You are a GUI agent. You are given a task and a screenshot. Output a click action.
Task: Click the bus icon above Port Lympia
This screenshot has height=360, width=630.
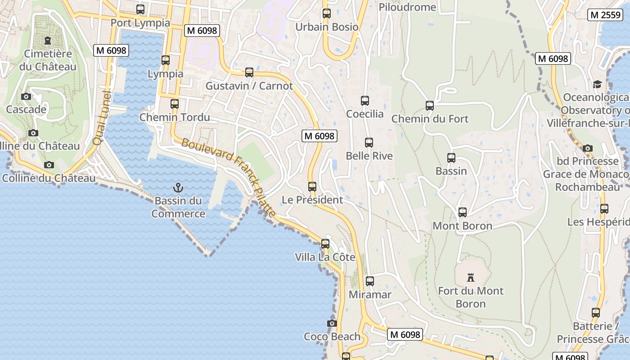[140, 9]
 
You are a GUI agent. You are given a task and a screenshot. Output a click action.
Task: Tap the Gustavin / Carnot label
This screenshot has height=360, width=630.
[249, 86]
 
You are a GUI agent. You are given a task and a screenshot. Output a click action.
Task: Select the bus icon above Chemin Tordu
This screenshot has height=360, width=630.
[175, 104]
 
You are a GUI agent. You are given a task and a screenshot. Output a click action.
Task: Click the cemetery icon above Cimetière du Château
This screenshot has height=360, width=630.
[48, 40]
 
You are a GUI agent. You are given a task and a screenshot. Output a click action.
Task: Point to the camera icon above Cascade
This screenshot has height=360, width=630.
[26, 96]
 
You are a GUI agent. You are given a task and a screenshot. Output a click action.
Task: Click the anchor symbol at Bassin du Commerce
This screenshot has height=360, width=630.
[179, 187]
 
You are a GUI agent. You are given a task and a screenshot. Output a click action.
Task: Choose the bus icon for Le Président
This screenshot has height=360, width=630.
[312, 186]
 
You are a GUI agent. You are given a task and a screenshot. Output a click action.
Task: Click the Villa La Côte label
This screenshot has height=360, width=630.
[325, 257]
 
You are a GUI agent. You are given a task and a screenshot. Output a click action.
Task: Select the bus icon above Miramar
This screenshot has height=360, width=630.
[370, 281]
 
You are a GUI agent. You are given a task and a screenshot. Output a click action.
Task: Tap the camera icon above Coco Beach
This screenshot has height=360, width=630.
[332, 323]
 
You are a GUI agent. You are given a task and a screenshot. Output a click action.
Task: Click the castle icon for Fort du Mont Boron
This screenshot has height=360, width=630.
[471, 277]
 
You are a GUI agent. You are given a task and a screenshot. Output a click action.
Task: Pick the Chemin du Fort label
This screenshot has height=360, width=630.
[430, 119]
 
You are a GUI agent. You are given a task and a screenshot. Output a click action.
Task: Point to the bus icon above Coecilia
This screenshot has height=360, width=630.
[365, 101]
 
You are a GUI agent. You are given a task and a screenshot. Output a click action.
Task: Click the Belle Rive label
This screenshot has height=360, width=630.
[369, 156]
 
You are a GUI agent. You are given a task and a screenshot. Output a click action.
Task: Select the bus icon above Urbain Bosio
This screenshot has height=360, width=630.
[327, 13]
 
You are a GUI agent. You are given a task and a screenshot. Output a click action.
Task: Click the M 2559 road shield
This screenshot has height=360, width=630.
[605, 15]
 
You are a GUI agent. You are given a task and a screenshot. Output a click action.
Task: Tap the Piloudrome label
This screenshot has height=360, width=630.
[407, 7]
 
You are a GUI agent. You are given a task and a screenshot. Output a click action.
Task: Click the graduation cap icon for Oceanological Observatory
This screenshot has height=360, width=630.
[597, 84]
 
